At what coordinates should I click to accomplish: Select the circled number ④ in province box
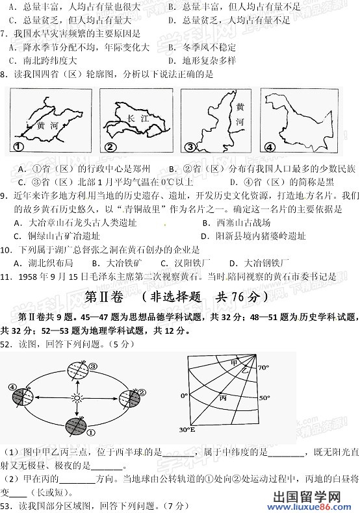tap(268, 145)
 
